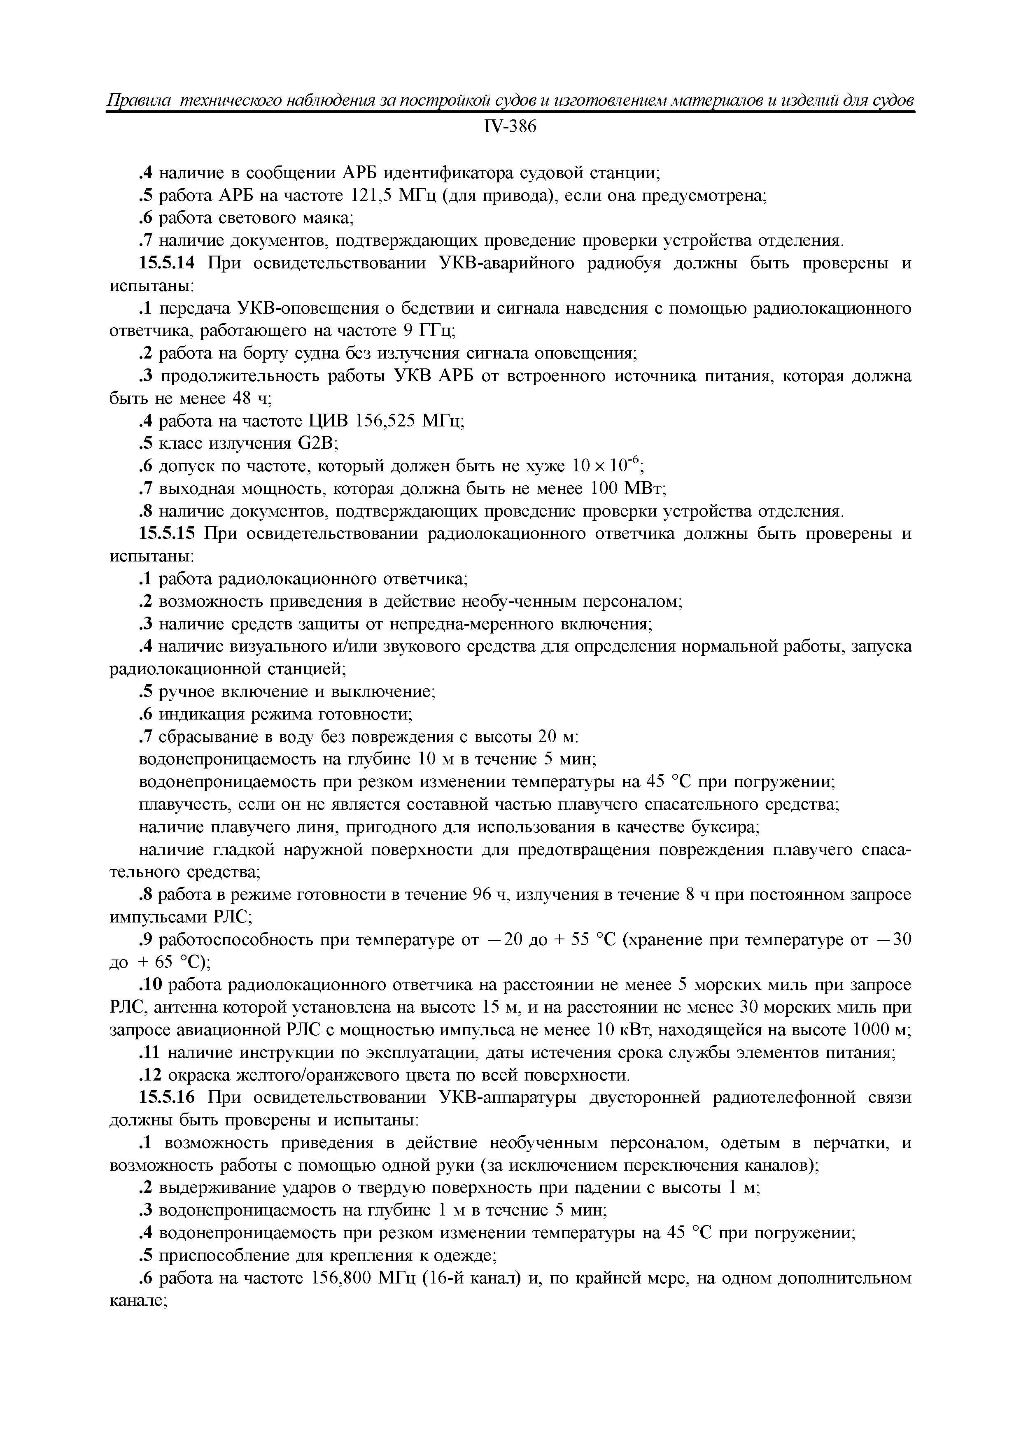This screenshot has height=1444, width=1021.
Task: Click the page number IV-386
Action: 510,127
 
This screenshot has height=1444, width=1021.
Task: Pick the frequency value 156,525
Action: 385,421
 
